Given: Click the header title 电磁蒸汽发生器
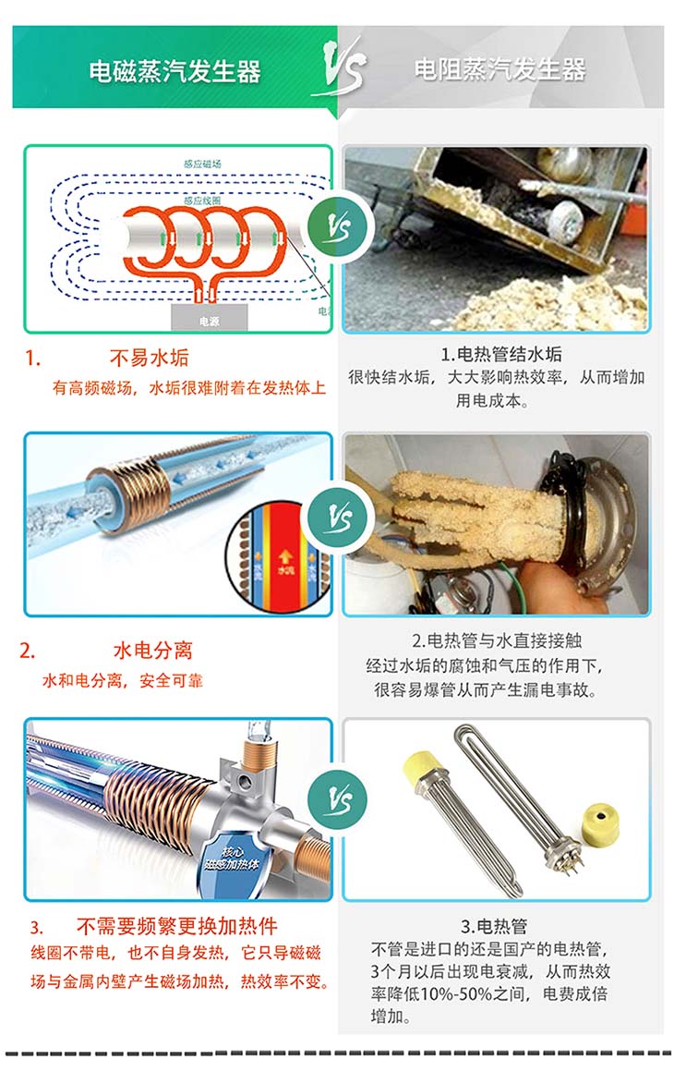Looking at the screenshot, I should (175, 71).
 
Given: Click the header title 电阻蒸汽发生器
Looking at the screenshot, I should (499, 69).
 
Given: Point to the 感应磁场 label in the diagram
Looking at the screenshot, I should (202, 164).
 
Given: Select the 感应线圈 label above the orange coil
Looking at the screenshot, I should (201, 200).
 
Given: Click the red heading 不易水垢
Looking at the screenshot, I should (149, 358).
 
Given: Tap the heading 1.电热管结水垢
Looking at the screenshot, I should (500, 354).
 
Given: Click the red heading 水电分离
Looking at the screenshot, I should (152, 650).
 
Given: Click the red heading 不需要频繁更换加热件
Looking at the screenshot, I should (176, 926).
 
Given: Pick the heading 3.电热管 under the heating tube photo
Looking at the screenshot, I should (494, 925).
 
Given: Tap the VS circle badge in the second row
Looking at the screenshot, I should (339, 518).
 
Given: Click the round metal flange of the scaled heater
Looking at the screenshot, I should (601, 517).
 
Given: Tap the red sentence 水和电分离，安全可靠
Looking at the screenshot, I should (123, 681).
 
